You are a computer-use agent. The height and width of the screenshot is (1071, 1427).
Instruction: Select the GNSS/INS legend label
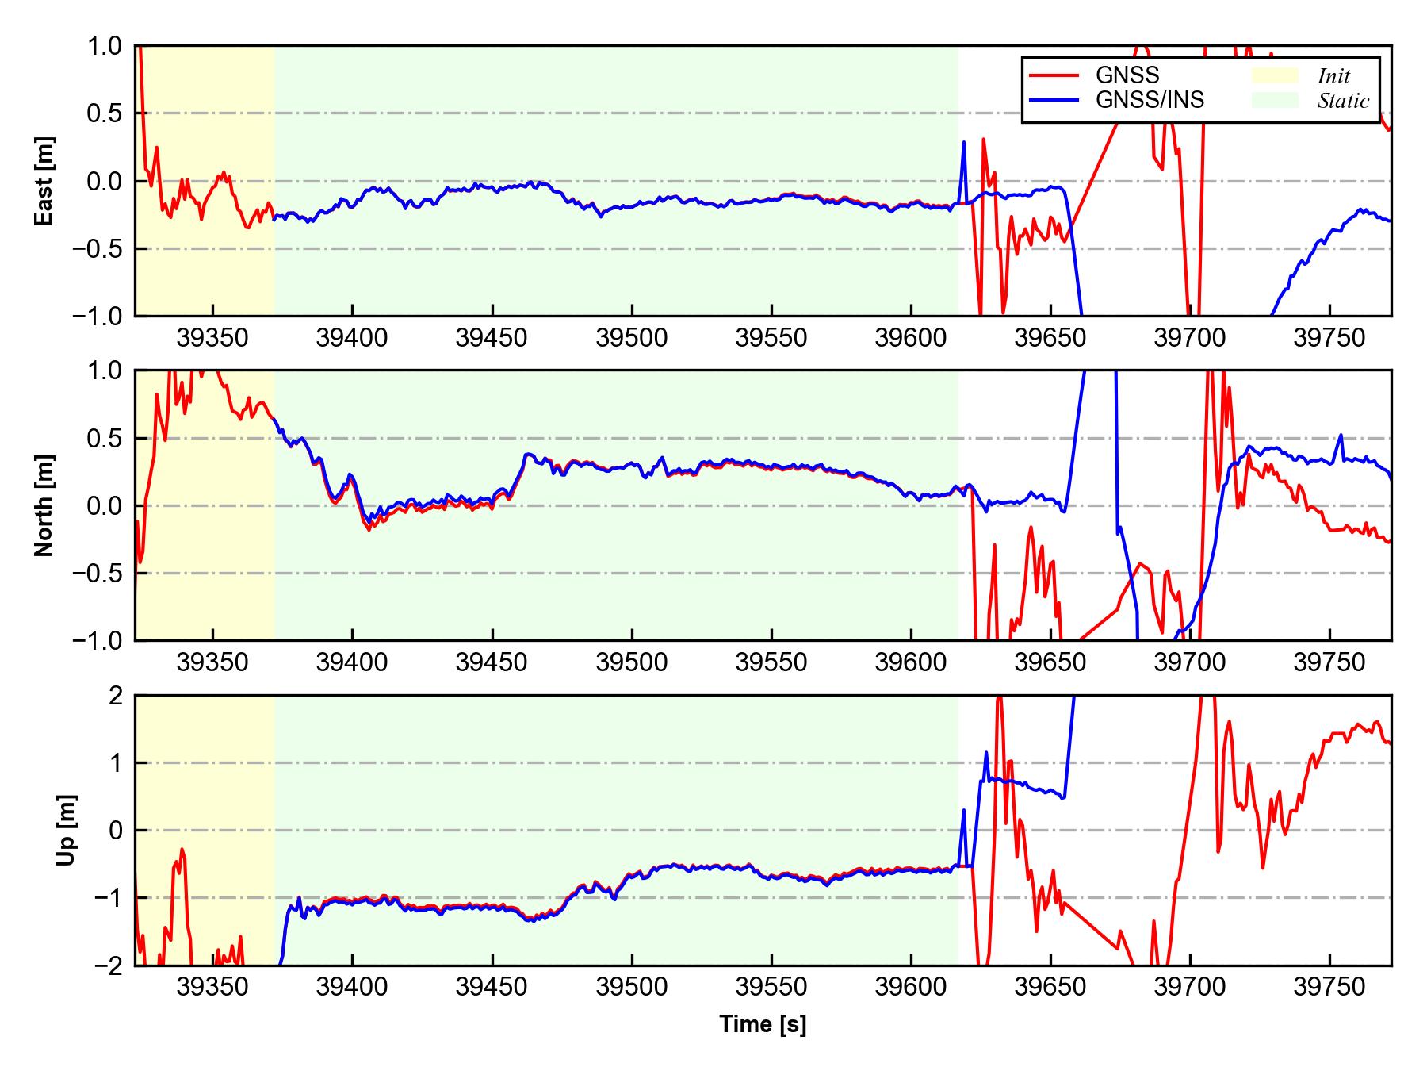pyautogui.click(x=1150, y=100)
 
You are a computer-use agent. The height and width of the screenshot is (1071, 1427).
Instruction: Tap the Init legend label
pyautogui.click(x=1333, y=76)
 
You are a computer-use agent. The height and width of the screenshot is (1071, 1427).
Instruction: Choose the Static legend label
pyautogui.click(x=1343, y=101)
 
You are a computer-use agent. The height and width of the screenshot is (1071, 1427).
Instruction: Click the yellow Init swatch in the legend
pyautogui.click(x=1275, y=75)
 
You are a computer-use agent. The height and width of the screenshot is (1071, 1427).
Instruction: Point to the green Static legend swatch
pyautogui.click(x=1275, y=100)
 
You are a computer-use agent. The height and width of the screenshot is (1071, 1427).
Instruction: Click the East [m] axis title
pyautogui.click(x=45, y=182)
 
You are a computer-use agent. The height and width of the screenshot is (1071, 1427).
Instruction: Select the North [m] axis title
pyautogui.click(x=45, y=505)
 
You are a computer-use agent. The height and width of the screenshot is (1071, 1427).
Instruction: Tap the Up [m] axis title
pyautogui.click(x=67, y=830)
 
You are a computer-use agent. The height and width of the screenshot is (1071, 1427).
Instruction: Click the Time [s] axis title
pyautogui.click(x=763, y=1025)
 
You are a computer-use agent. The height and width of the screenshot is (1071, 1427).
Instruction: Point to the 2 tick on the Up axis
pyautogui.click(x=116, y=696)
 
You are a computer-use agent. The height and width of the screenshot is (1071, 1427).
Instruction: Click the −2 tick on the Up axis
pyautogui.click(x=109, y=965)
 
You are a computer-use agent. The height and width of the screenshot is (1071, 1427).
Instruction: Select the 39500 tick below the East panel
pyautogui.click(x=632, y=339)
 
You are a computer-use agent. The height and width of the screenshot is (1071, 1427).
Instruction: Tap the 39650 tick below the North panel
pyautogui.click(x=1050, y=662)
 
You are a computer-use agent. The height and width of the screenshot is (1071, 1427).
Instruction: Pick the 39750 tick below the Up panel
pyautogui.click(x=1329, y=988)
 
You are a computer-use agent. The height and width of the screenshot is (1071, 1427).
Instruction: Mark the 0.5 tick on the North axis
pyautogui.click(x=106, y=438)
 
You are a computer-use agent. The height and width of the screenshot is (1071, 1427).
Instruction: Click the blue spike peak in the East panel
pyautogui.click(x=964, y=142)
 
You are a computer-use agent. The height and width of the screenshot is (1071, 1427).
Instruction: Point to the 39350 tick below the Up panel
pyautogui.click(x=213, y=988)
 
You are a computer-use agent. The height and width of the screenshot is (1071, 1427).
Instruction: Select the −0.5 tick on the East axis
pyautogui.click(x=99, y=249)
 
